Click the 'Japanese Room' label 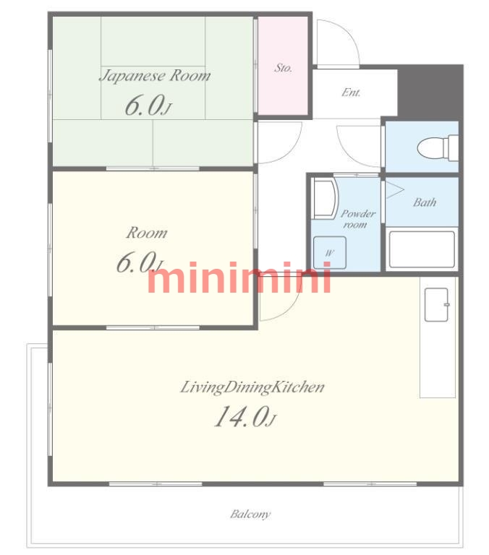tap(155, 76)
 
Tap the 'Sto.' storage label tap(283, 68)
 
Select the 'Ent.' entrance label tap(351, 92)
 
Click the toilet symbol tap(438, 147)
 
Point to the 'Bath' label tap(425, 202)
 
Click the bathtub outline tap(422, 249)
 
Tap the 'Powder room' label tap(357, 219)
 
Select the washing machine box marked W tap(330, 253)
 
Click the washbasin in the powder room tap(326, 198)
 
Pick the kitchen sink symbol tap(437, 305)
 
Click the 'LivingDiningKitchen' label tap(252, 387)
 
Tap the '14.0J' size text tap(244, 416)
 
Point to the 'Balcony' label tap(250, 514)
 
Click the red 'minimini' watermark tap(239, 277)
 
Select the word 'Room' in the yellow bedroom tap(147, 233)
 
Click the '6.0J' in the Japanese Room tap(148, 105)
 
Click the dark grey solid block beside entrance tap(430, 90)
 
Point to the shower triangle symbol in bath tap(395, 190)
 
